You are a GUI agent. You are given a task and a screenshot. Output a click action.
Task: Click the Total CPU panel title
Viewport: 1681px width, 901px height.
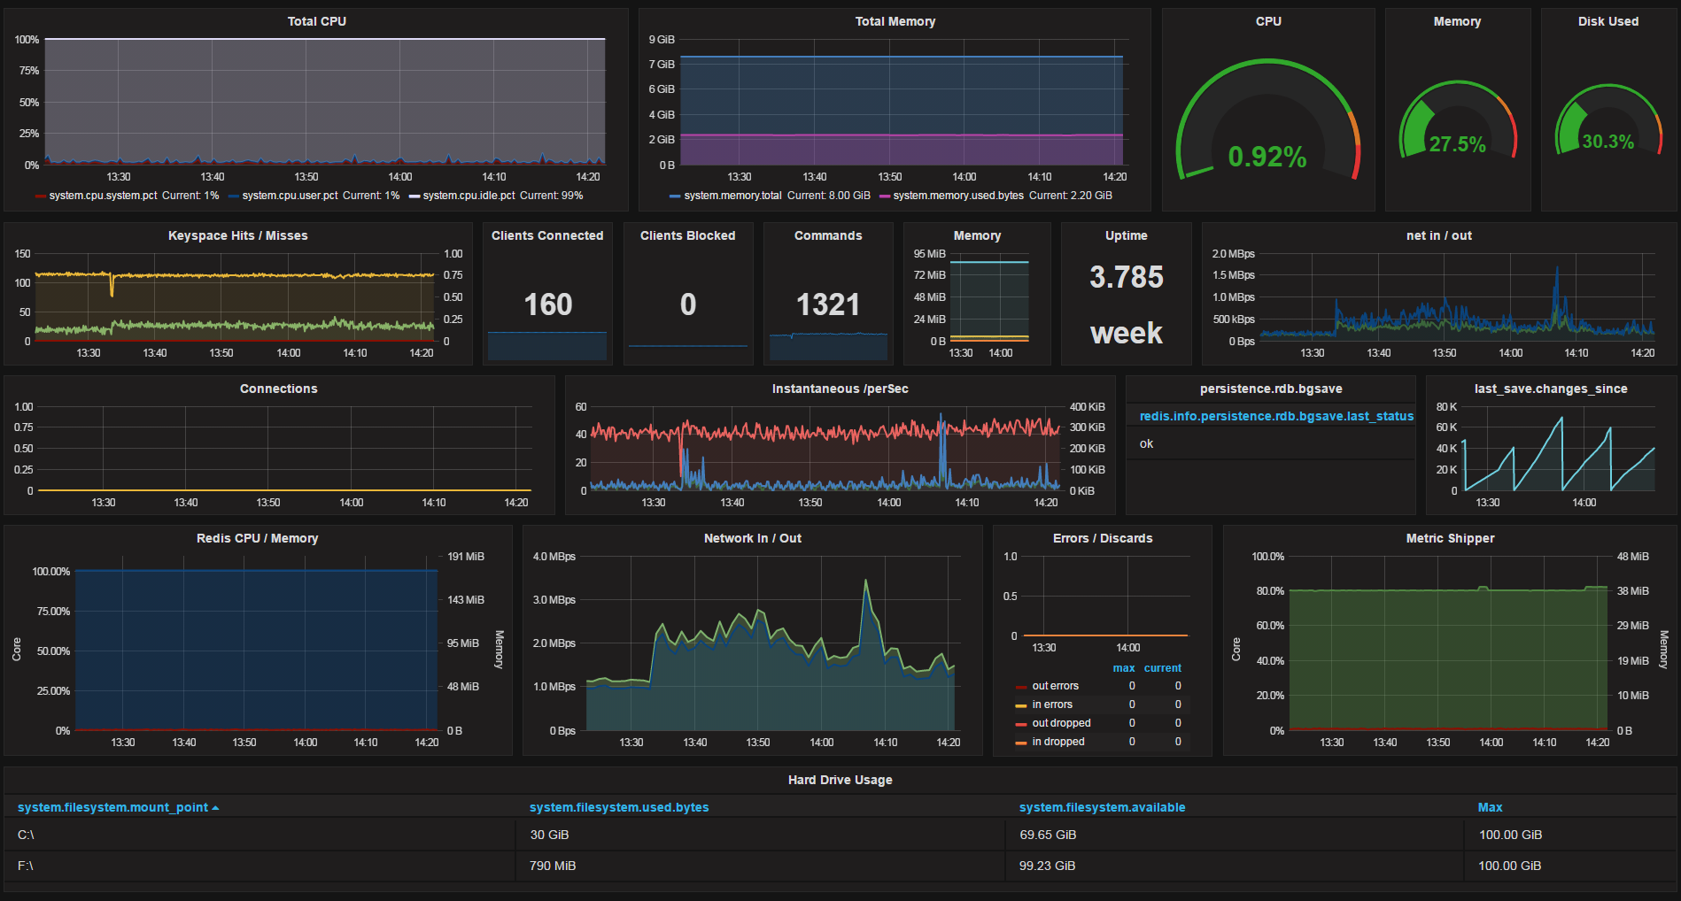tap(316, 21)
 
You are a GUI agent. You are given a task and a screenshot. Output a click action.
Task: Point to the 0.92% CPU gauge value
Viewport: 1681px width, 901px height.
tap(1267, 158)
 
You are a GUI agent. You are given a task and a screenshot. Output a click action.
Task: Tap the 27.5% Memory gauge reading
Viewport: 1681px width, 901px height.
tap(1457, 144)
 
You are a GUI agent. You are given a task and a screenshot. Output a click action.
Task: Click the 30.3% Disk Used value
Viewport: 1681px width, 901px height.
tap(1608, 142)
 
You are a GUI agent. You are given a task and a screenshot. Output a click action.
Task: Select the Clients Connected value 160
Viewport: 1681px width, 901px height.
tap(548, 304)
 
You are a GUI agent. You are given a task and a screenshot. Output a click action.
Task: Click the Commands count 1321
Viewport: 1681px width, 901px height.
tap(828, 304)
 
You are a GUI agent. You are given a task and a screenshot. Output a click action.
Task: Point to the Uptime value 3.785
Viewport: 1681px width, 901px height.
tap(1127, 277)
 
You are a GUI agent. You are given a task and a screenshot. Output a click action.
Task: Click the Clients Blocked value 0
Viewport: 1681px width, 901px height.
tap(688, 304)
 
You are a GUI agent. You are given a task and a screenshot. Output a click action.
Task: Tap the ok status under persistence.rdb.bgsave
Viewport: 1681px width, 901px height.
tap(1146, 443)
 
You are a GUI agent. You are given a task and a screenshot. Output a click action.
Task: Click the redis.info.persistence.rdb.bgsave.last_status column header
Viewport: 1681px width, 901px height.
tap(1276, 416)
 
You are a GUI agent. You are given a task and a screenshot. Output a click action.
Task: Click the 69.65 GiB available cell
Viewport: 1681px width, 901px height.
tap(1048, 835)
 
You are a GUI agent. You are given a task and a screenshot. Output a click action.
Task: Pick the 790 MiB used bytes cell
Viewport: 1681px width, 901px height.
tap(553, 866)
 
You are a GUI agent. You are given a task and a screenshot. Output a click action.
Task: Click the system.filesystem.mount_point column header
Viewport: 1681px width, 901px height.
tap(112, 807)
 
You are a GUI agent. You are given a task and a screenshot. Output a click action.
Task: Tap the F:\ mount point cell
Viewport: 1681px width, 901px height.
tap(26, 866)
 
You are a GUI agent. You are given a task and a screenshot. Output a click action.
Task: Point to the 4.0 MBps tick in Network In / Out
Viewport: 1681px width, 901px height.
tap(554, 557)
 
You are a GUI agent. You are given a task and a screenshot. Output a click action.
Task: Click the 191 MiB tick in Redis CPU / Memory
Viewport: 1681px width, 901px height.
tap(466, 557)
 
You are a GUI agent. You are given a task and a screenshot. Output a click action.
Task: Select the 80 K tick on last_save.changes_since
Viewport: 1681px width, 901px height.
tap(1446, 407)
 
